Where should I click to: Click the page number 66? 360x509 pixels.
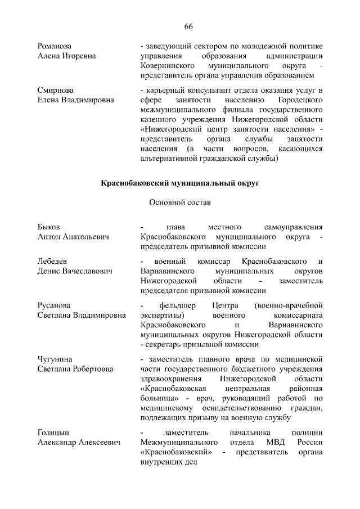(x=188, y=27)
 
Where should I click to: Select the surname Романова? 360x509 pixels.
(x=55, y=46)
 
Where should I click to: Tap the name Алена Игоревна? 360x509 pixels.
(x=66, y=56)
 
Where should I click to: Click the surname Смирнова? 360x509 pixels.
(x=56, y=90)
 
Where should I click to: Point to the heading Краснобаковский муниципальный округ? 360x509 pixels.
(x=180, y=183)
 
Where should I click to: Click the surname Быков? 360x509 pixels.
(x=48, y=227)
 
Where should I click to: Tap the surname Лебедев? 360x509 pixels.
(x=52, y=261)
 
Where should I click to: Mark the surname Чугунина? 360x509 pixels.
(x=55, y=359)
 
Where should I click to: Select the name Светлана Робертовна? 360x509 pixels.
(x=76, y=369)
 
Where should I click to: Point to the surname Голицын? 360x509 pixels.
(x=53, y=433)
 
